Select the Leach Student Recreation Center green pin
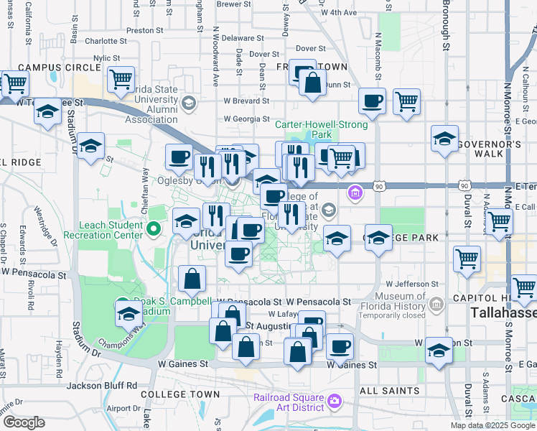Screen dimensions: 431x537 coord(153,229)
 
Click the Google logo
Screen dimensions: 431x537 coord(23,422)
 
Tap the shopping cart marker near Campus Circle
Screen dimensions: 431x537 coord(121,78)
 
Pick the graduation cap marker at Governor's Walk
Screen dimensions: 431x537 coord(445,138)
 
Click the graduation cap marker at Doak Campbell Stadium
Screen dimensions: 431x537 coord(129,313)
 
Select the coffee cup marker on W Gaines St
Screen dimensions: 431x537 coord(340,347)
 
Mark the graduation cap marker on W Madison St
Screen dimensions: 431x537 coord(438,350)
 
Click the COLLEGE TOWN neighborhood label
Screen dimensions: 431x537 coord(180,394)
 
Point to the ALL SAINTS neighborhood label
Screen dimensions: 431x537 coord(389,391)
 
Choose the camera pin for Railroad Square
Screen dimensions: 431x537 coord(334,400)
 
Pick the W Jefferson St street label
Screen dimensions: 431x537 coord(412,284)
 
